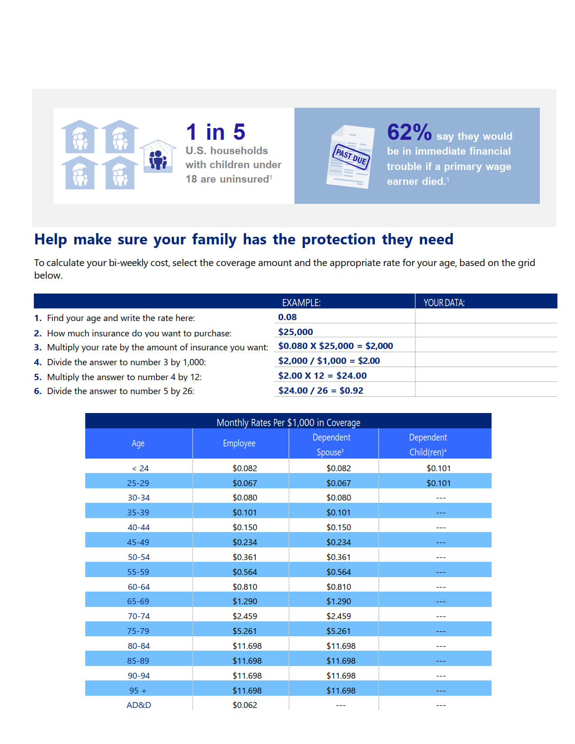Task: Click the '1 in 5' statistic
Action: coord(216,132)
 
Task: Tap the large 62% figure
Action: coord(409,133)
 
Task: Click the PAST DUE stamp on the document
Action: coord(351,157)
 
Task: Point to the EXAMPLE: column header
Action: coord(301,303)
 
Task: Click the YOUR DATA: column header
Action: coord(444,303)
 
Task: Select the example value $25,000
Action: coord(295,332)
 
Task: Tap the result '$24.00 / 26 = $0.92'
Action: coord(321,390)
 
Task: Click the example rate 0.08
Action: coord(287,317)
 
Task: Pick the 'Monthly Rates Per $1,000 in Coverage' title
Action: coord(288,423)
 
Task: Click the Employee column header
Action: coord(239,443)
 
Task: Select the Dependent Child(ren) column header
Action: coord(428,444)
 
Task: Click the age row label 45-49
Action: coord(138,542)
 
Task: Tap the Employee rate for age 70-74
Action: coord(244,616)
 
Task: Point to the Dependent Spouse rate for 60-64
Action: coord(338,587)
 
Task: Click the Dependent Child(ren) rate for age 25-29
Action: coord(438,483)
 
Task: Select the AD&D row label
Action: coord(138,705)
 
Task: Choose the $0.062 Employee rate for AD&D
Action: coord(244,705)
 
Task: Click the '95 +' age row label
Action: coord(138,690)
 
